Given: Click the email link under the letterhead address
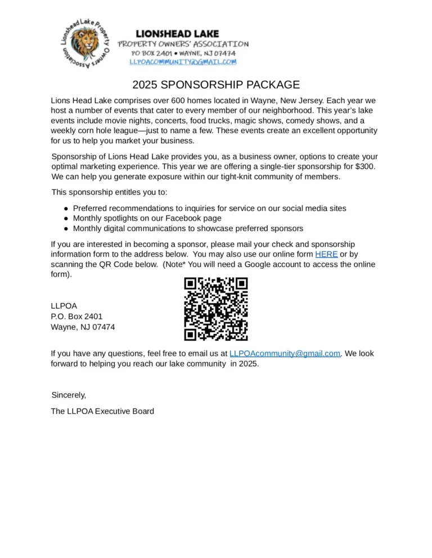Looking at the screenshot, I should [x=183, y=62].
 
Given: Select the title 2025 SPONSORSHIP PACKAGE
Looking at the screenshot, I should [x=216, y=85].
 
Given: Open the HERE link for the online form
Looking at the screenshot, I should [x=326, y=254].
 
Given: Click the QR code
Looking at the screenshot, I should [x=216, y=309].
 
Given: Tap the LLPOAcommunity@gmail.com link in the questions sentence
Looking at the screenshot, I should [x=285, y=354].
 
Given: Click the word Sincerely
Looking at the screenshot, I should [x=69, y=395].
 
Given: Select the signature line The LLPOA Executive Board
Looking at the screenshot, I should [x=102, y=411].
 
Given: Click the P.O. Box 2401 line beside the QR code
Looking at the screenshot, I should [x=76, y=317].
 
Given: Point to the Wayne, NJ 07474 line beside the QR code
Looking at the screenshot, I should [x=83, y=327].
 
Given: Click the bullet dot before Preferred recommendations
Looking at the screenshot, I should [x=66, y=208].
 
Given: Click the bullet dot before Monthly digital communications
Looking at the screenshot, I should [x=66, y=228].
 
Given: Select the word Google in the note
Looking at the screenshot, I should [x=256, y=265].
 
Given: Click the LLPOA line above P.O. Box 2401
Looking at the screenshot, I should [x=64, y=306].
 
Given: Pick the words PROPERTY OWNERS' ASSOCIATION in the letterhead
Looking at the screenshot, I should [x=183, y=44].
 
